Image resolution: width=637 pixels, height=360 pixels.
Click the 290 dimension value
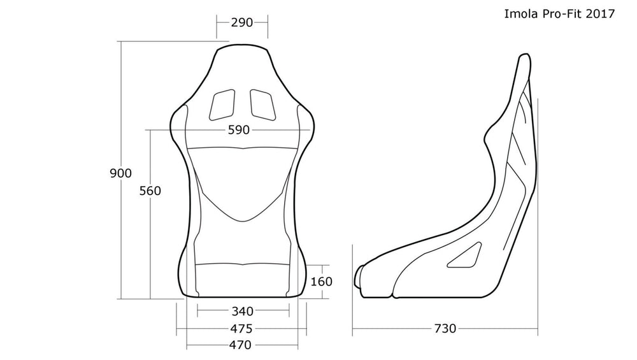tap(242, 22)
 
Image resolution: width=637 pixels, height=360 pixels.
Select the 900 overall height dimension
tap(120, 173)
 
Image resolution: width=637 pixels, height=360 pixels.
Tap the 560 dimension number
tap(150, 191)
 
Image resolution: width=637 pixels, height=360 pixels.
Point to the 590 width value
tap(239, 130)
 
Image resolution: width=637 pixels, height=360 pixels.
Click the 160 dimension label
tap(321, 281)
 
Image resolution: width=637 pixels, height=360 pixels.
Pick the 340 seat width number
tap(243, 311)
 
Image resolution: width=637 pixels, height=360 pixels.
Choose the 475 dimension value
tap(241, 328)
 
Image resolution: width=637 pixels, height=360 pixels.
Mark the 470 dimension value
tap(241, 345)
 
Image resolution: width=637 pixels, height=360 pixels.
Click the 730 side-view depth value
tap(445, 328)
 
